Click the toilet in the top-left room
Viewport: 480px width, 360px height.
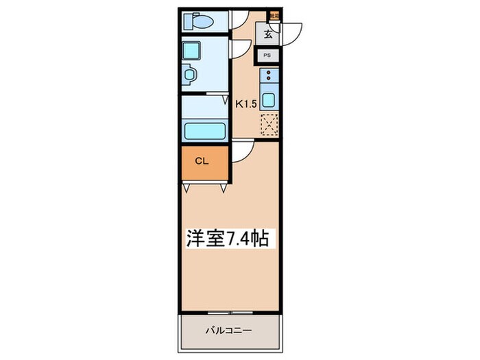click(x=200, y=21)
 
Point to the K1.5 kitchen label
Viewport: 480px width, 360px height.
click(x=245, y=104)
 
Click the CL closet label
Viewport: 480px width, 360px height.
click(x=202, y=162)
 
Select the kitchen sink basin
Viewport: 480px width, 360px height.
click(x=269, y=100)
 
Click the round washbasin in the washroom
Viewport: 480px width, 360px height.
click(x=191, y=73)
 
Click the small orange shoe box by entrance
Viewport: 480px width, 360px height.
click(x=274, y=12)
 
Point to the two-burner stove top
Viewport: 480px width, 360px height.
click(x=269, y=76)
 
